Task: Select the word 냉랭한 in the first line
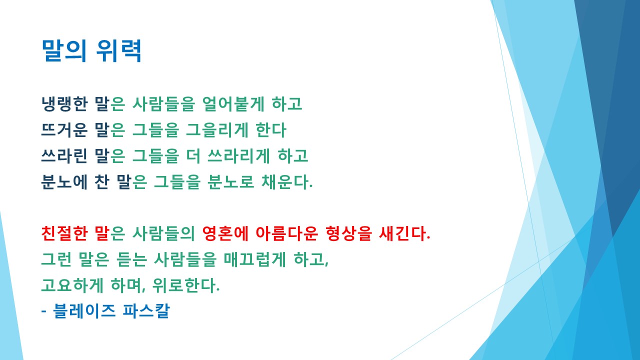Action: [64, 104]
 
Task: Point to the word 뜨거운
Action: [64, 130]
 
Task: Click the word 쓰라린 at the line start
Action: [64, 156]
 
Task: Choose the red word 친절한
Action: [64, 233]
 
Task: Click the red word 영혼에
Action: [224, 233]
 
